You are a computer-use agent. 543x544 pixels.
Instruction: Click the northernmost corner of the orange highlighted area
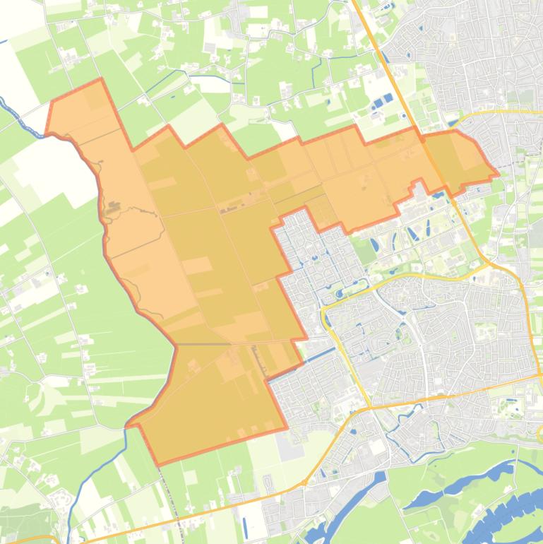[100, 78]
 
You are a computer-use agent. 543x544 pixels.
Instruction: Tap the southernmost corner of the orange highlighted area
[157, 465]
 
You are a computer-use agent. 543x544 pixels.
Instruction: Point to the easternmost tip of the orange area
[498, 172]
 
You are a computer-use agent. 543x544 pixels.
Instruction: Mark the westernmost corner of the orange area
[46, 133]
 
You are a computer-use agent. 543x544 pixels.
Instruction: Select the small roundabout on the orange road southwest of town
[304, 483]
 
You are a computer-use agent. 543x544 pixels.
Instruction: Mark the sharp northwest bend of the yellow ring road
[326, 311]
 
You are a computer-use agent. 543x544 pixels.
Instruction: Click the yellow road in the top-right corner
[508, 111]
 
